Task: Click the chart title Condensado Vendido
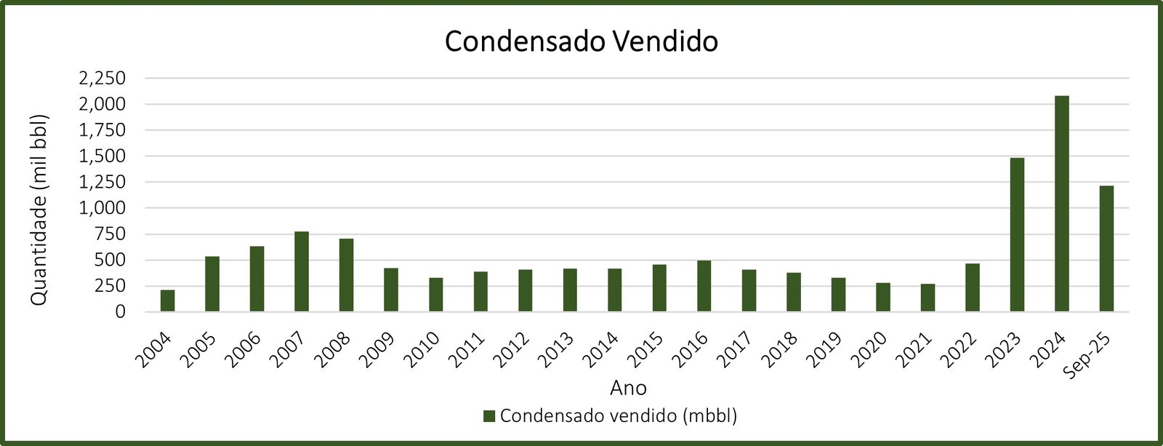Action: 581,41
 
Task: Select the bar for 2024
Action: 1061,204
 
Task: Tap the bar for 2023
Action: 1017,235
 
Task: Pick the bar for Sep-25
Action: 1106,249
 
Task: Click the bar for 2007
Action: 302,271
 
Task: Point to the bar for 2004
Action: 167,300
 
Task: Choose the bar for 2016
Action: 704,286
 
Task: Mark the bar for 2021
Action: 927,298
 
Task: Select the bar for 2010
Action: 435,295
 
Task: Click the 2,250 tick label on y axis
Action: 100,78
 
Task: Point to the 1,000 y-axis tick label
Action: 100,208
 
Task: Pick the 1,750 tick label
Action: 100,130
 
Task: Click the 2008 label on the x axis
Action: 331,349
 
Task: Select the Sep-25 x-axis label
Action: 1087,354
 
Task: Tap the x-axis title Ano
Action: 629,387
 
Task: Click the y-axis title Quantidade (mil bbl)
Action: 40,210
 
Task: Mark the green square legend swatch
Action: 489,416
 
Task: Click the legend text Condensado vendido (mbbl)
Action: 619,416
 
